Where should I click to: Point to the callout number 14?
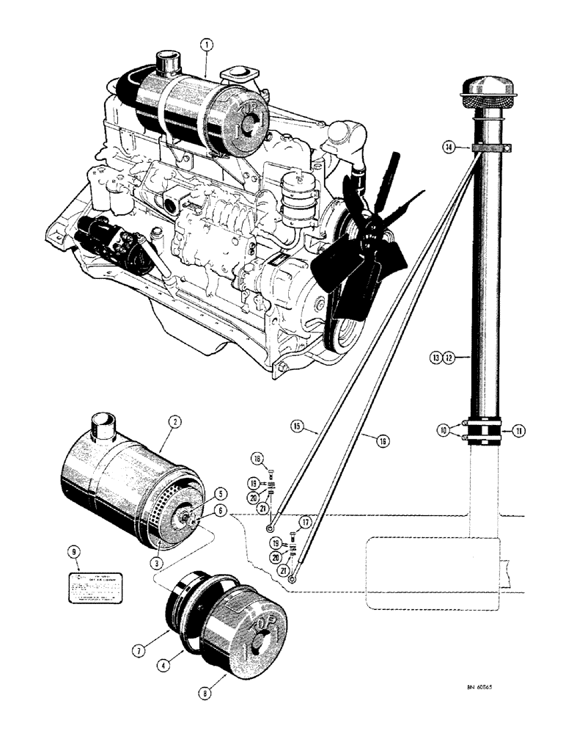point(447,148)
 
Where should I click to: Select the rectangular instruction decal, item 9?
point(94,589)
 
